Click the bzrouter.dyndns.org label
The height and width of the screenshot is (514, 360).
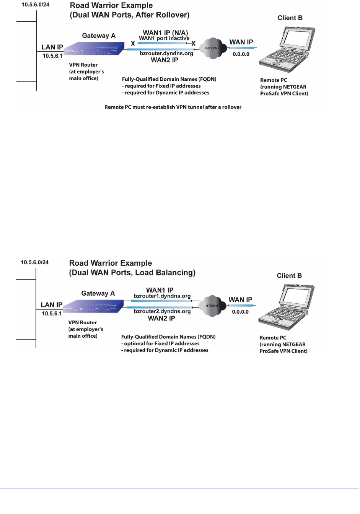click(166, 54)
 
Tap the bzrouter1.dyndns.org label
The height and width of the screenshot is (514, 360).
click(162, 296)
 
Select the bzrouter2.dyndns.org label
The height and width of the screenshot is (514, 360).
click(162, 311)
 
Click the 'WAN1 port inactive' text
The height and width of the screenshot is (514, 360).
click(164, 39)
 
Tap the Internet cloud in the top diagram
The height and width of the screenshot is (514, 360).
click(213, 48)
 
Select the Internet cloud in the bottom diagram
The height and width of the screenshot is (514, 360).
click(212, 306)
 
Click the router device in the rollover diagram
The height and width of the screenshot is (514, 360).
click(94, 49)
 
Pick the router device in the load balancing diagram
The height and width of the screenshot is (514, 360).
click(93, 307)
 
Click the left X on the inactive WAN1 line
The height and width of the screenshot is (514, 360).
click(133, 44)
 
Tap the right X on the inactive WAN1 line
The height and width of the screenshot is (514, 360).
click(194, 44)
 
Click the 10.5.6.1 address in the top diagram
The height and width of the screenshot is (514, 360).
click(52, 56)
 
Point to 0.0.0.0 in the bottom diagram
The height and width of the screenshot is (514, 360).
click(240, 312)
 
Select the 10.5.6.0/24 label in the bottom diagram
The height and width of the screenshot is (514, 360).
click(35, 262)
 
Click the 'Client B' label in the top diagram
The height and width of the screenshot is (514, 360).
click(290, 18)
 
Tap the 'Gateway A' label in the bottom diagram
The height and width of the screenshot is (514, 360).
click(98, 293)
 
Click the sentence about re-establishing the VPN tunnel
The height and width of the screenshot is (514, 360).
click(173, 107)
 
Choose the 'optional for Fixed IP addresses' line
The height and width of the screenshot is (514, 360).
click(161, 343)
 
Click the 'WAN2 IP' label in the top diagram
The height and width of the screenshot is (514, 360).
click(165, 60)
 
